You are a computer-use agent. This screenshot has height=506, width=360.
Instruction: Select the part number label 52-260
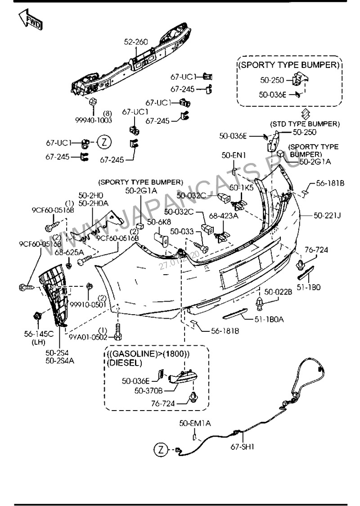tap(136, 42)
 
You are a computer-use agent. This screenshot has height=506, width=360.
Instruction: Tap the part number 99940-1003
tap(94, 120)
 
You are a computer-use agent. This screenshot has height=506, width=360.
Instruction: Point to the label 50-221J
tap(327, 216)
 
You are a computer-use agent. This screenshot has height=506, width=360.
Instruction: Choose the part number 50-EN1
tap(234, 155)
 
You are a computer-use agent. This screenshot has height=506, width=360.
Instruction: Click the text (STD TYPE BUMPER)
tap(305, 124)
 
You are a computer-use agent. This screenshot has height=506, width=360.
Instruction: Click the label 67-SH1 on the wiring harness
tap(243, 447)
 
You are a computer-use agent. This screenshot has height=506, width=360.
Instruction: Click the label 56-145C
tap(39, 334)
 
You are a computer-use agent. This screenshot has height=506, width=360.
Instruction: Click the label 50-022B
tap(278, 291)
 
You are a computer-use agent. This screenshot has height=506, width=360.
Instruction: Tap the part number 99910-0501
tap(87, 304)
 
